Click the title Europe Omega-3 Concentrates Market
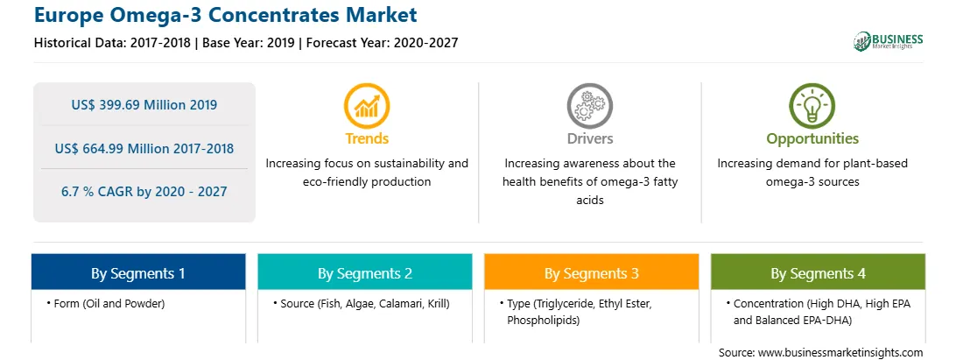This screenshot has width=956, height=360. click(226, 15)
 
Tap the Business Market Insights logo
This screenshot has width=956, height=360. click(888, 41)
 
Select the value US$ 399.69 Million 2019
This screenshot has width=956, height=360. click(144, 105)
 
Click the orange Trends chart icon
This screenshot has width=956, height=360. click(367, 106)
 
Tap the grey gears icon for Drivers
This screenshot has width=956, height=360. click(589, 106)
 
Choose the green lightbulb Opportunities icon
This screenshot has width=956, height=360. click(812, 106)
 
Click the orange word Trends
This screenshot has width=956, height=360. click(367, 138)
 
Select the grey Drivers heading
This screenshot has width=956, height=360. click(589, 138)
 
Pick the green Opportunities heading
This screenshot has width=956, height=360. click(812, 138)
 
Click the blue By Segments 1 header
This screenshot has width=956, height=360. click(138, 272)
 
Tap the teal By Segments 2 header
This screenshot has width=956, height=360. click(364, 272)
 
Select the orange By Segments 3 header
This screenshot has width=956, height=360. click(592, 272)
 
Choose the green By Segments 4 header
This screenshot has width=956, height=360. click(818, 272)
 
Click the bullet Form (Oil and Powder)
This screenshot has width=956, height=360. click(105, 303)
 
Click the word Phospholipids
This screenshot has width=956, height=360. click(542, 319)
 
